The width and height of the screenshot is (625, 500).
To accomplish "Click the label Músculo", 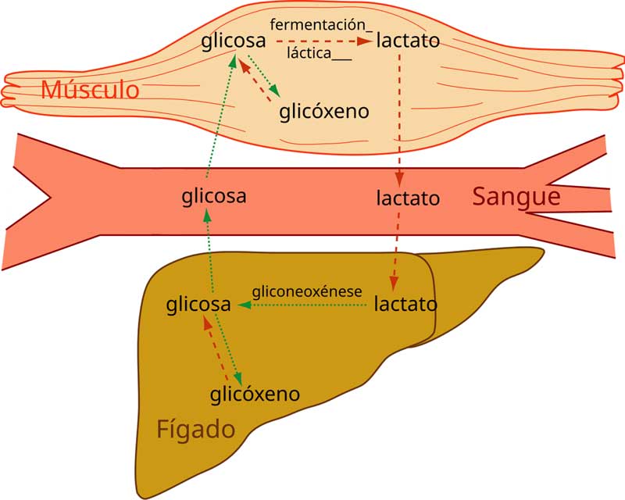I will (x=90, y=89).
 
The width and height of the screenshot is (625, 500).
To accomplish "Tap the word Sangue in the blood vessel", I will (x=516, y=196).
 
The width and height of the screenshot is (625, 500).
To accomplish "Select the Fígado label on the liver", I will (x=195, y=429).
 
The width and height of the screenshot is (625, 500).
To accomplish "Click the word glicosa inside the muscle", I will (x=233, y=40).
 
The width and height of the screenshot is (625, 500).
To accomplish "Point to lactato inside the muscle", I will (x=408, y=40).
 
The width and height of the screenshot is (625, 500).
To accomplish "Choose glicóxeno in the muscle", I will (x=323, y=111).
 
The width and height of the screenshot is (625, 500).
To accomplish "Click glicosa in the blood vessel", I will (x=213, y=195).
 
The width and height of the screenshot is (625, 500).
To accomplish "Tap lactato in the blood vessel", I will (x=407, y=198).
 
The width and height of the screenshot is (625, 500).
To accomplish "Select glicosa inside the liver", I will (x=198, y=304).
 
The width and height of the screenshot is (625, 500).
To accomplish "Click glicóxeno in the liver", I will (x=255, y=394).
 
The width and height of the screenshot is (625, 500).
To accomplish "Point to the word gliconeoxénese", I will (x=307, y=291).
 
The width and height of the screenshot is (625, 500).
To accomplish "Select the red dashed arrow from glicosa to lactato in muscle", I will (x=323, y=41).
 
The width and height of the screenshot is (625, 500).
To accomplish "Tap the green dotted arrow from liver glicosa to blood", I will (x=209, y=250).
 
